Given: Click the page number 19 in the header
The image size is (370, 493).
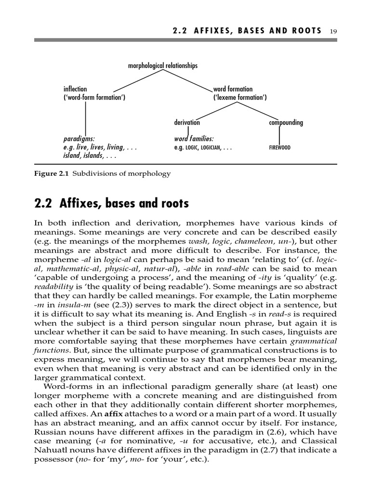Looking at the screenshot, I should click(x=333, y=31).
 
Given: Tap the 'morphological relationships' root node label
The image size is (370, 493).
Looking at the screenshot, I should click(x=162, y=65).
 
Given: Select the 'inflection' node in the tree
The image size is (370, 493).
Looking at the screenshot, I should click(x=75, y=89).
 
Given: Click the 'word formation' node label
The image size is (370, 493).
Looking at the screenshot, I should click(x=233, y=89).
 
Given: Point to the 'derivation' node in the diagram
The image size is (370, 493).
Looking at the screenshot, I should click(x=187, y=123).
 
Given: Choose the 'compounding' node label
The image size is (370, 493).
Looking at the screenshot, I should click(x=286, y=123).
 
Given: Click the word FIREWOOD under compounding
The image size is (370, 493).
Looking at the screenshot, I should click(x=279, y=148).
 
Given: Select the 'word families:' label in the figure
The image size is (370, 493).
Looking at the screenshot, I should click(x=194, y=139).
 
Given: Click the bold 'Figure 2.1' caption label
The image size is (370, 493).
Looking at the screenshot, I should click(x=52, y=174).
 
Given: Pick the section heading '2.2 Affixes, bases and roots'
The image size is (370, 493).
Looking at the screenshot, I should click(x=112, y=204).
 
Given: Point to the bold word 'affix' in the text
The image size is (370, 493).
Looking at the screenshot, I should click(x=111, y=414).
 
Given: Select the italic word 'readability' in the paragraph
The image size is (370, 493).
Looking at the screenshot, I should click(x=53, y=287).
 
